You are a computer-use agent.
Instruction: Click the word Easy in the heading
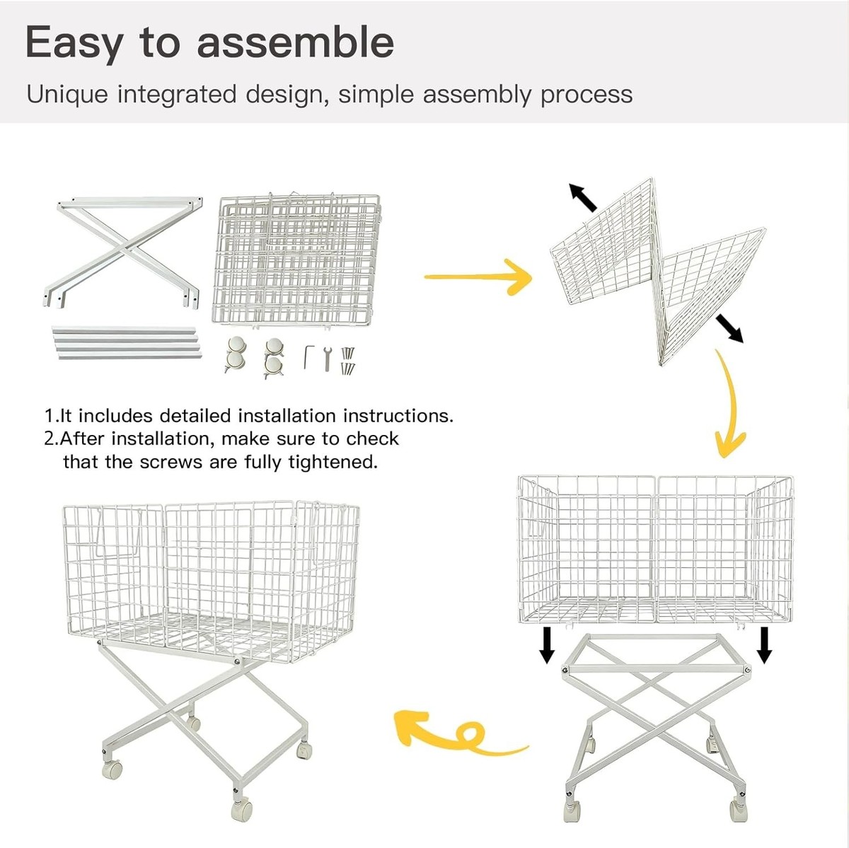point(74,42)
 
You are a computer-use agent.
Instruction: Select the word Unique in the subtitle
point(67,95)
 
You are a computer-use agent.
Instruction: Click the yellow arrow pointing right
point(478,277)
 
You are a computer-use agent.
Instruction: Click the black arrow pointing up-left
point(582,197)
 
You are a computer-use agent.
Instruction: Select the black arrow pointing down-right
point(729,328)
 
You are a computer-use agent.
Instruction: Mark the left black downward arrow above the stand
point(547,645)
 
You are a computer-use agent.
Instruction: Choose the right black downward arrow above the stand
point(764,645)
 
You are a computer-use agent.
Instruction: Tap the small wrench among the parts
point(327,359)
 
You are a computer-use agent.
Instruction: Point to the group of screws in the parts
point(348,361)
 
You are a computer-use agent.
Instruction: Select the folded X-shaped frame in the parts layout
point(123,252)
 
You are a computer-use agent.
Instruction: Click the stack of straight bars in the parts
point(127,342)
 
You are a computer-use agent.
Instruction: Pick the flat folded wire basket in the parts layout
point(296,260)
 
